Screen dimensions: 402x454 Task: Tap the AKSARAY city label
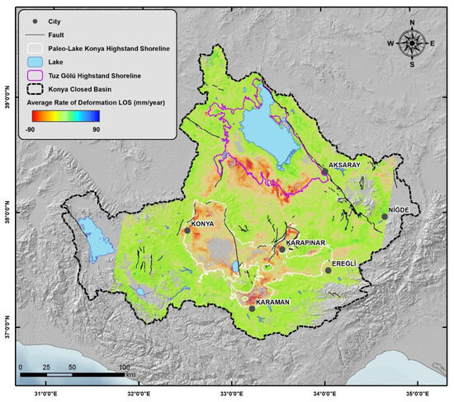[346, 165]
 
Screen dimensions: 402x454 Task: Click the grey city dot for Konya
[187, 231]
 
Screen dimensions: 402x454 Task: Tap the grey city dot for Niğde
[384, 217]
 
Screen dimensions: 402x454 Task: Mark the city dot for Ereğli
[328, 270]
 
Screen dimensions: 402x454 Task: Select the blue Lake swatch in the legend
[34, 63]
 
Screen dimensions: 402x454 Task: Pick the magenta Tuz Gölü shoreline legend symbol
[34, 76]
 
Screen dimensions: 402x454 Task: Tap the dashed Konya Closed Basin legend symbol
[34, 89]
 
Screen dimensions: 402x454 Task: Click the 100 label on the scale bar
[125, 367]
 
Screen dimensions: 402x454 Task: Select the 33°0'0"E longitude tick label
[232, 393]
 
